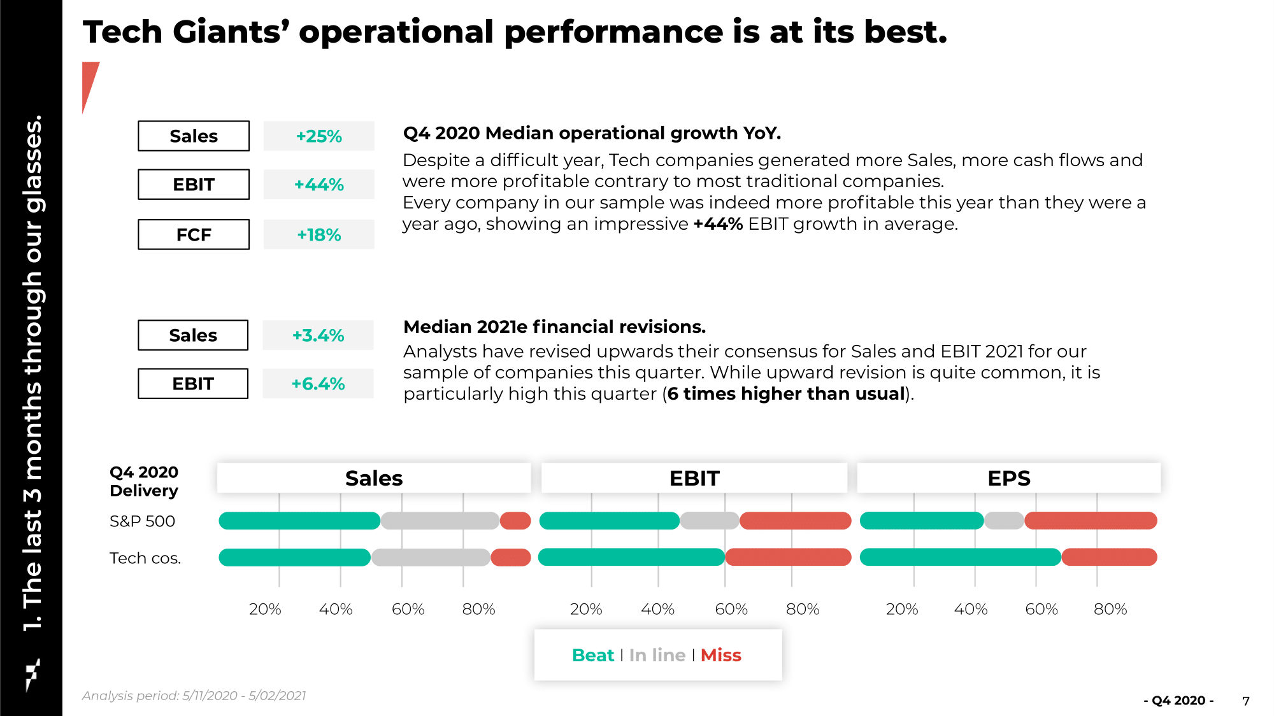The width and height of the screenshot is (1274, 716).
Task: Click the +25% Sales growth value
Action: [x=319, y=136]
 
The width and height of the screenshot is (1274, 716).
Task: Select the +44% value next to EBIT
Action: [x=319, y=185]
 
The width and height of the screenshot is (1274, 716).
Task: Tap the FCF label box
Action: [x=194, y=235]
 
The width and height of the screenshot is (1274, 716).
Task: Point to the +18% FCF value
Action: [x=319, y=235]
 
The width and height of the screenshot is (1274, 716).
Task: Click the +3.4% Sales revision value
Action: [x=318, y=335]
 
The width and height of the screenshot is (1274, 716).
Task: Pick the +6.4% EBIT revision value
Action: [x=318, y=384]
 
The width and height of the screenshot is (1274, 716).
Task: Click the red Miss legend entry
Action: [x=721, y=655]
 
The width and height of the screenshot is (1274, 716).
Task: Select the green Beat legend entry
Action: [x=593, y=655]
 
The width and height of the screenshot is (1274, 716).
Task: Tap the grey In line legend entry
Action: [x=657, y=655]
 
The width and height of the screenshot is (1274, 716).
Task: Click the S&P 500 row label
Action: [x=142, y=521]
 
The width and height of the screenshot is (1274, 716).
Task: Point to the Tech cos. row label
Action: [x=145, y=558]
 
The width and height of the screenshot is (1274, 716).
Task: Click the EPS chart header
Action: [x=1009, y=478]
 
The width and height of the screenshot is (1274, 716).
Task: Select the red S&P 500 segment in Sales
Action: [x=515, y=521]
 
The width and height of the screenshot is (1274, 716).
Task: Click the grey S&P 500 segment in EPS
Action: [x=1004, y=521]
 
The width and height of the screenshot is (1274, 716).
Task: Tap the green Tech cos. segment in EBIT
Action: [x=631, y=558]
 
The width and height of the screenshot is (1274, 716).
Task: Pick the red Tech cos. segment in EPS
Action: [x=1109, y=558]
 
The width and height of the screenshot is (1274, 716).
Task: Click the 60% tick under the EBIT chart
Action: [x=731, y=609]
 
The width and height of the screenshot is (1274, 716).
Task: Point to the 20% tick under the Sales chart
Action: [x=265, y=609]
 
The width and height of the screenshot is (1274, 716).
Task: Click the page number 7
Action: [x=1246, y=701]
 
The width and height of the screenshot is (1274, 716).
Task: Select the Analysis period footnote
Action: [x=194, y=696]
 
